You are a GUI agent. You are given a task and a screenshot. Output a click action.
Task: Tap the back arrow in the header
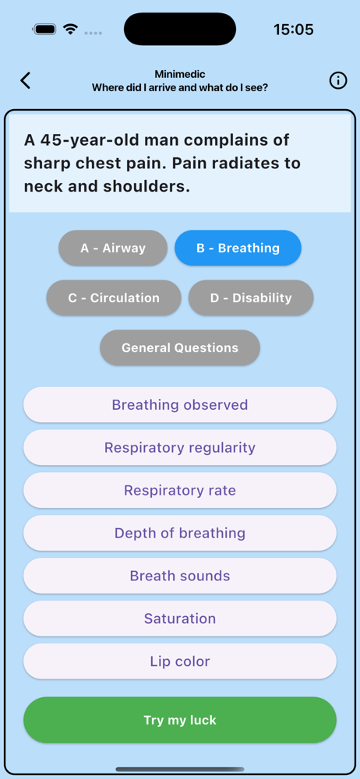click(x=26, y=80)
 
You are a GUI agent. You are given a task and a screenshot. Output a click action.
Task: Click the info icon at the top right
click(x=338, y=80)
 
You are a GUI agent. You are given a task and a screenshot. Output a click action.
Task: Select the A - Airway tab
click(x=113, y=248)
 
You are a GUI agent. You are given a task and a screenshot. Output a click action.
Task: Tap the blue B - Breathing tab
click(x=238, y=248)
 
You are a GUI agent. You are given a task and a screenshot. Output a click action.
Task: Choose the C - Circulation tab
click(x=114, y=298)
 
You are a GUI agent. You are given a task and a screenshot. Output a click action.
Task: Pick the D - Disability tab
click(x=251, y=298)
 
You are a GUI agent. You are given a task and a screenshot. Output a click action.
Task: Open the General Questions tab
click(x=180, y=347)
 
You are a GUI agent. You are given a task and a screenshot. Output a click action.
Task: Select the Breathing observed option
click(x=180, y=405)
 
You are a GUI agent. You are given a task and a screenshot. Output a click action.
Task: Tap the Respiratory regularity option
click(x=180, y=448)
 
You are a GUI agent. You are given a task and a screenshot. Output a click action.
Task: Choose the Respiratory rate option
click(x=180, y=490)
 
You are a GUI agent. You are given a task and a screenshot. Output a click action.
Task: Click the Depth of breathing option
click(x=180, y=533)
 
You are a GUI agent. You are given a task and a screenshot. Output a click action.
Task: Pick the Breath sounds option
click(x=180, y=576)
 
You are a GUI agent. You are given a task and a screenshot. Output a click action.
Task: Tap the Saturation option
click(x=180, y=619)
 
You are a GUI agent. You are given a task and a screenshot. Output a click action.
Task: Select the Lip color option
click(x=180, y=661)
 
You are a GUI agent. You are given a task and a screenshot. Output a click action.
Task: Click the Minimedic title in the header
click(x=179, y=75)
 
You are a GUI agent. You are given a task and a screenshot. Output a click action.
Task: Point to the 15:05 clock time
click(x=293, y=30)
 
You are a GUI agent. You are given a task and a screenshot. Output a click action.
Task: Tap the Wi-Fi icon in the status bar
click(x=71, y=30)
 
